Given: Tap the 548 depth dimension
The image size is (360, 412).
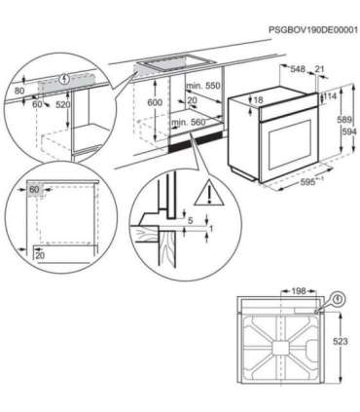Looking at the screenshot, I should click(299, 69).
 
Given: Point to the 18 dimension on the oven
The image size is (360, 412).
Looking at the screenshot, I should click(257, 99).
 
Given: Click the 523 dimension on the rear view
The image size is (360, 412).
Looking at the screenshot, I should click(341, 343).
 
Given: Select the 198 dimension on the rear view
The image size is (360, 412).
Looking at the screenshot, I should click(298, 290).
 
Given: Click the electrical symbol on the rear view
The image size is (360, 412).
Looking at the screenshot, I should click(338, 300).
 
